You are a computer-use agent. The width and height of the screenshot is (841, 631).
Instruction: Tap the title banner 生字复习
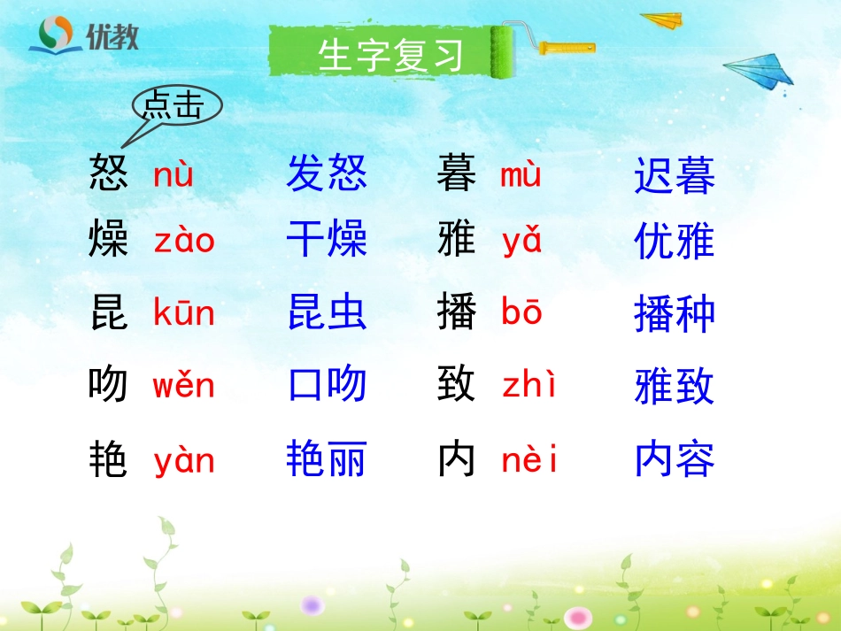click(x=390, y=55)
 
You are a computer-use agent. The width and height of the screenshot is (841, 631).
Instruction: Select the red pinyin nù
click(x=173, y=175)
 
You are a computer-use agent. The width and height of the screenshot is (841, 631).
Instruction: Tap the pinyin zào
click(x=184, y=241)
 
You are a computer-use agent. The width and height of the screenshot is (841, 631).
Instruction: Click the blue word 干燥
click(x=326, y=240)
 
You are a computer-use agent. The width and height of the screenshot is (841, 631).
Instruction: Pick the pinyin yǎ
click(x=521, y=242)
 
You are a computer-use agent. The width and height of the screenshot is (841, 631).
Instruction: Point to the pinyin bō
click(x=521, y=313)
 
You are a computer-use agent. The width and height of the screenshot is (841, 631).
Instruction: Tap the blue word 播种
click(x=675, y=314)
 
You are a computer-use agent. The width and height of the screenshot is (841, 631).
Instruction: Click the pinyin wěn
click(x=183, y=386)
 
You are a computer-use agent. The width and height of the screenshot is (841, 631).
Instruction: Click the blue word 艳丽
click(x=326, y=459)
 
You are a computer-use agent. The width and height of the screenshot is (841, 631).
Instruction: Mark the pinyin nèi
click(x=529, y=460)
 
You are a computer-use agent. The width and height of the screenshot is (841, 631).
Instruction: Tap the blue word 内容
click(x=675, y=459)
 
